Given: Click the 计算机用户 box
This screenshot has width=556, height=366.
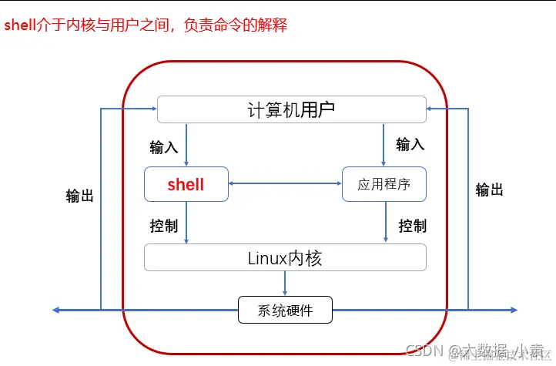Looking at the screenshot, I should tap(291, 109).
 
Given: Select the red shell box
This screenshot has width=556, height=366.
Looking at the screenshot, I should tap(186, 185).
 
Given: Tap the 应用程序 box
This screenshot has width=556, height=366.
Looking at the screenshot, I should tap(384, 185).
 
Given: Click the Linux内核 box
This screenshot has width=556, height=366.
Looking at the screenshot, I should tap(285, 257).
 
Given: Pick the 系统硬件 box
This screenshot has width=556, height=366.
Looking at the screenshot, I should tap(285, 311).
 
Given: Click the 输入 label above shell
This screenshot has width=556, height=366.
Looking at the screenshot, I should tap(163, 146).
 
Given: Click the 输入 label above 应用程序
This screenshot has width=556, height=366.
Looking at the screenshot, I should tap(410, 144).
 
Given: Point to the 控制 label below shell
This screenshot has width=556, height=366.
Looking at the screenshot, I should tap(163, 226).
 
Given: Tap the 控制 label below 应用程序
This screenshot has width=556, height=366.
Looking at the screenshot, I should tap(412, 226).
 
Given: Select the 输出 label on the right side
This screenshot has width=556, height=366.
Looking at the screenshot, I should tap(489, 190).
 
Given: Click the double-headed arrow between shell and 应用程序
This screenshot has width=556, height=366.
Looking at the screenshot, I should tap(285, 183).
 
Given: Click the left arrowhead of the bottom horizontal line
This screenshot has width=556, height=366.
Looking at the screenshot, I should tap(57, 311).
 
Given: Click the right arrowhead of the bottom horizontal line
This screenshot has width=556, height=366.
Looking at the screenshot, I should tap(513, 311).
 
